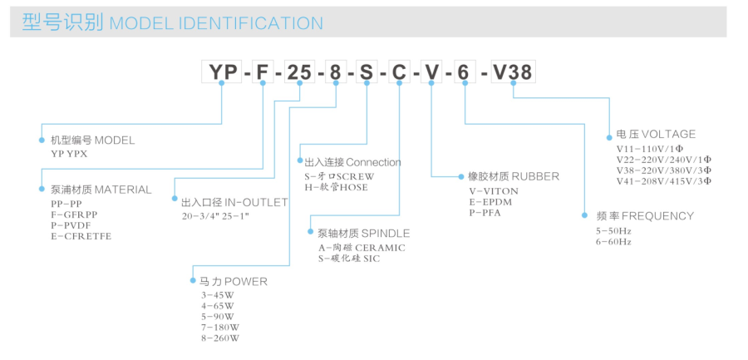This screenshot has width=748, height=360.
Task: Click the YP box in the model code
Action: point(222,72)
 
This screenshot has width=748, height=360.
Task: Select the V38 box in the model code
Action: point(512,72)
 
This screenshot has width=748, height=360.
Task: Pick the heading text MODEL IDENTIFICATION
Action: point(216,23)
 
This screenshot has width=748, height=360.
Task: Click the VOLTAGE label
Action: point(668,134)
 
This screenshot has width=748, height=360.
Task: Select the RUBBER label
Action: point(535,176)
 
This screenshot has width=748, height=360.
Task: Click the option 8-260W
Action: point(219,338)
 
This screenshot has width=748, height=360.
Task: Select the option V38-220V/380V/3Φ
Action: point(664,170)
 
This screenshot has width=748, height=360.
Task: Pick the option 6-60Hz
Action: point(613,241)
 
